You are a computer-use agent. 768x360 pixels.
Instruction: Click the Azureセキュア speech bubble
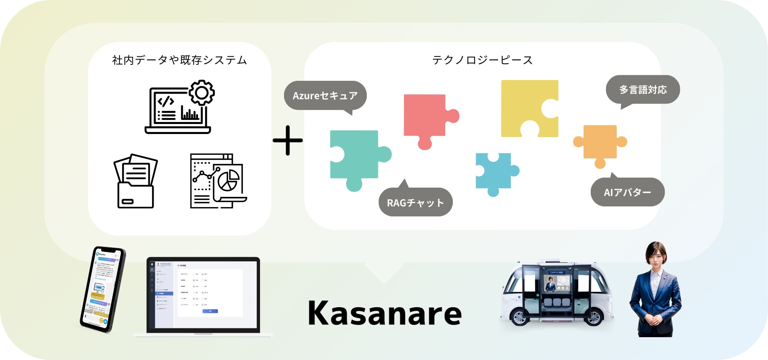(x=325, y=96)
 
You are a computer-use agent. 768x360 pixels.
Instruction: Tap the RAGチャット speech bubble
(x=415, y=202)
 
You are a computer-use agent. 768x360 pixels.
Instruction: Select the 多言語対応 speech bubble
(x=643, y=90)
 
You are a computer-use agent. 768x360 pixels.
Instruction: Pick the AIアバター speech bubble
(x=627, y=192)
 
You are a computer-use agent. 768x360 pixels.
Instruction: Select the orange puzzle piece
(x=600, y=143)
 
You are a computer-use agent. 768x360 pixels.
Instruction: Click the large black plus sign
(x=288, y=140)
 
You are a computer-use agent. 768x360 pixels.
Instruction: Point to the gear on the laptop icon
(x=202, y=92)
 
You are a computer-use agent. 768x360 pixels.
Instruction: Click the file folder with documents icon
(x=136, y=182)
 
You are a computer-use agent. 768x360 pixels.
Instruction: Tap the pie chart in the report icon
(x=228, y=180)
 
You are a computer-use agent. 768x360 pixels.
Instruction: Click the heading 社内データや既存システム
(x=180, y=60)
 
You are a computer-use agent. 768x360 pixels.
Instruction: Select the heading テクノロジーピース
(x=482, y=60)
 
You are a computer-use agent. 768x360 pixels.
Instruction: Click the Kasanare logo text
(x=384, y=313)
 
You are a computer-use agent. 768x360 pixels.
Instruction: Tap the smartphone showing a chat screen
(x=102, y=289)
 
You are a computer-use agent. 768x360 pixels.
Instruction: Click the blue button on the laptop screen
(x=210, y=311)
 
